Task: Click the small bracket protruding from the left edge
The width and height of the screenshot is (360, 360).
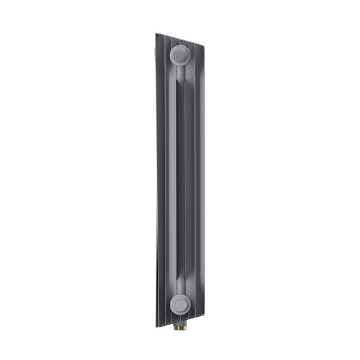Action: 154,57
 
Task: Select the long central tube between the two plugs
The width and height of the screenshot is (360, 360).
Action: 178,180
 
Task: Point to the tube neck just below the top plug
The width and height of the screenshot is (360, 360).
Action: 180,75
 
